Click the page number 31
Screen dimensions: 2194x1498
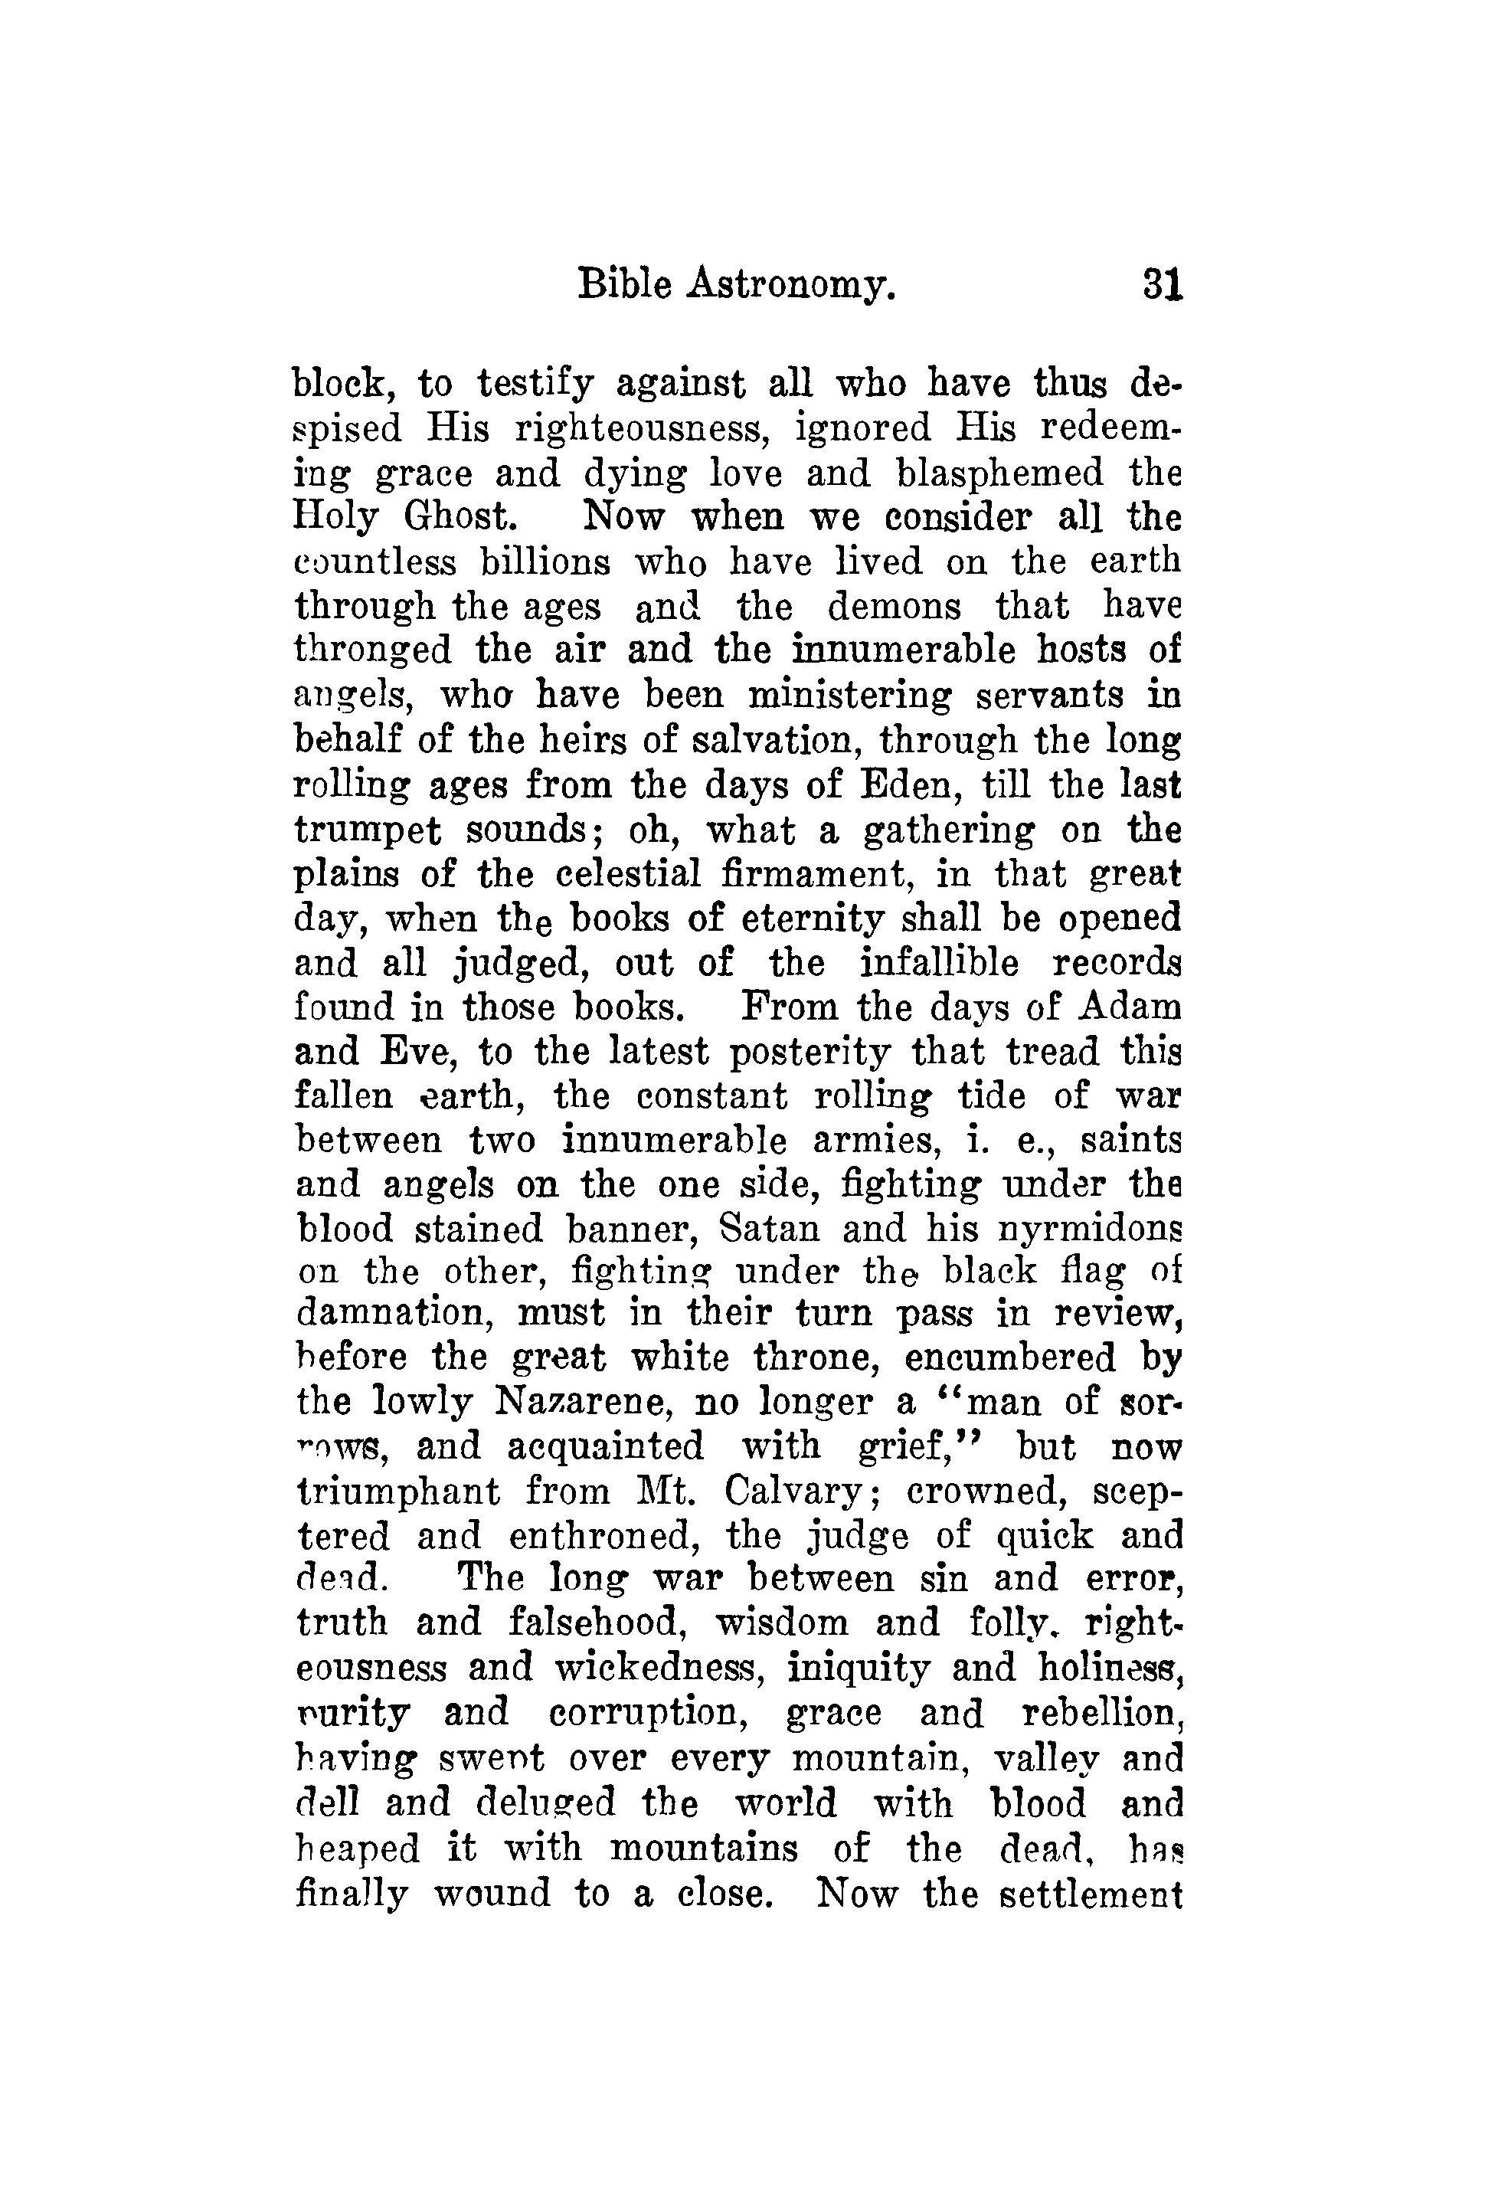pos(1161,283)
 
